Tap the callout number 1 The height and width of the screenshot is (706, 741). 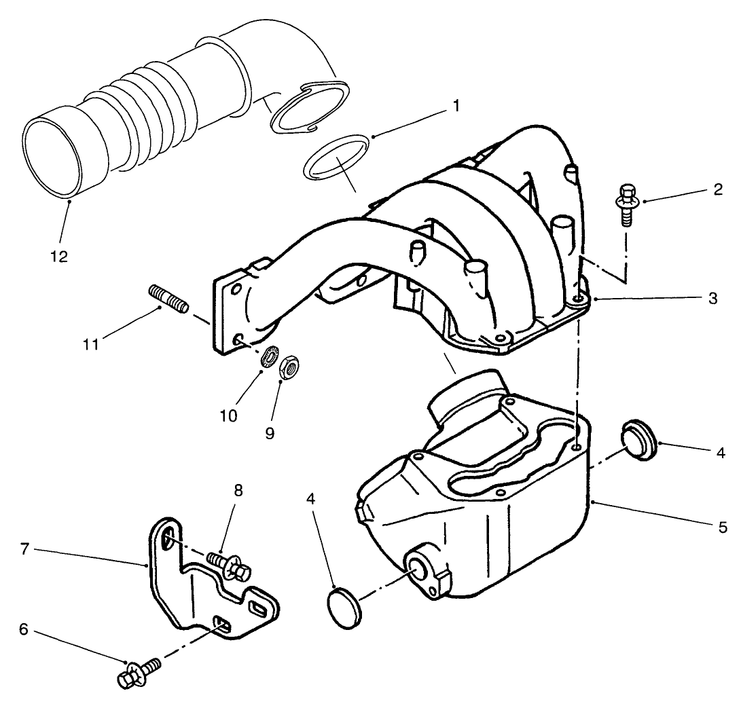click(x=456, y=106)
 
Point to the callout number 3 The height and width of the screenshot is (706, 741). click(x=712, y=298)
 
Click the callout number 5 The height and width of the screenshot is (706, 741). click(x=722, y=526)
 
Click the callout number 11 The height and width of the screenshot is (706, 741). click(x=91, y=344)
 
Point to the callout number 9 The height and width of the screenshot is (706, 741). click(x=270, y=432)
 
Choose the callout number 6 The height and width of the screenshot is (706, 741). click(x=23, y=629)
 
